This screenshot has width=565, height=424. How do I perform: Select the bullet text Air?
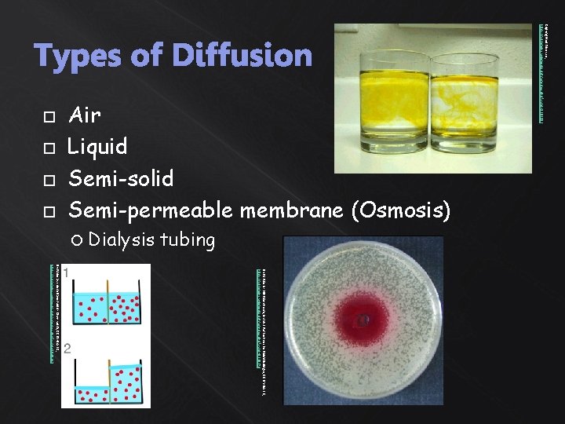[85, 115]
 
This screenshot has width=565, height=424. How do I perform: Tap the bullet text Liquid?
[97, 147]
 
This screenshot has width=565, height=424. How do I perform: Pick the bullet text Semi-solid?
[121, 178]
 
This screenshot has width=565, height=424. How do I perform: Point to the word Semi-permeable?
[150, 210]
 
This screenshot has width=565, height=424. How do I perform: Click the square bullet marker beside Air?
[49, 116]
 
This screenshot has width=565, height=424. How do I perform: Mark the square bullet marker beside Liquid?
[49, 148]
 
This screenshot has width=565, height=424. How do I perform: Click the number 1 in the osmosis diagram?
[68, 272]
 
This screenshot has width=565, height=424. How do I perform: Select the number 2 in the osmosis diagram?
[68, 349]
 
